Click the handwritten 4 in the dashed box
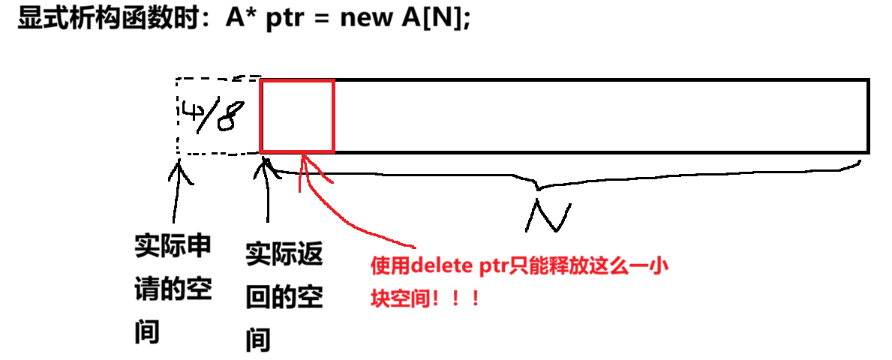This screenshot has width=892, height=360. pos(190,114)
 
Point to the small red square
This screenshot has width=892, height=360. pos(297,116)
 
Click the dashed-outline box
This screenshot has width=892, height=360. pos(218,116)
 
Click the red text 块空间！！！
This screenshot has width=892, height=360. pos(425,298)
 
